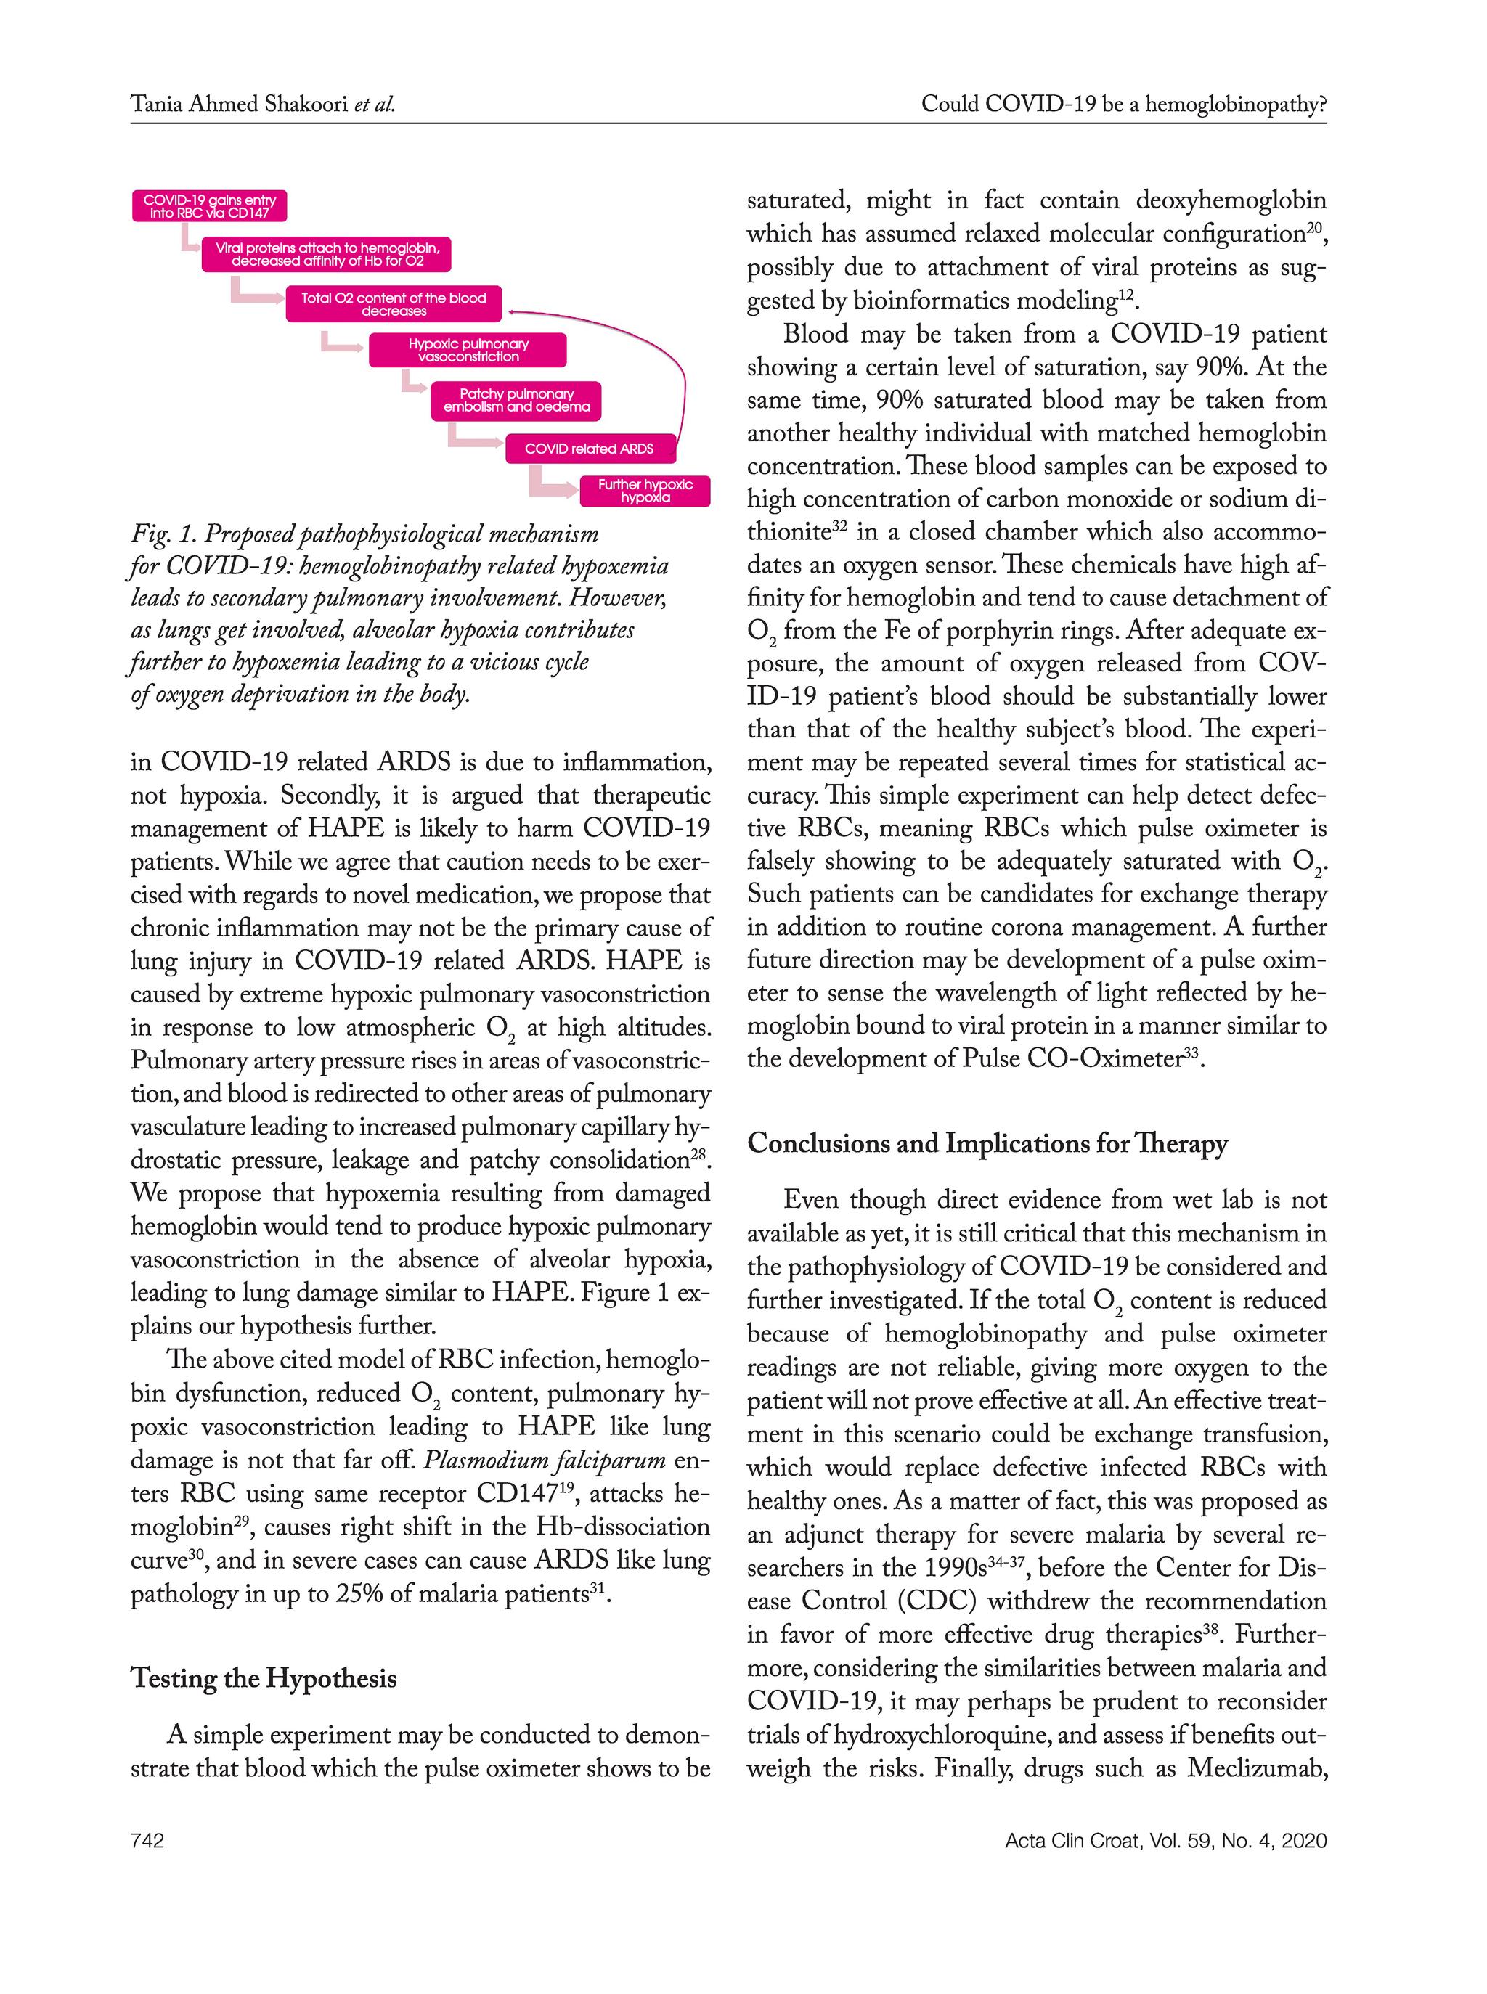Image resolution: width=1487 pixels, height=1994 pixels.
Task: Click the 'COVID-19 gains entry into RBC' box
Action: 209,206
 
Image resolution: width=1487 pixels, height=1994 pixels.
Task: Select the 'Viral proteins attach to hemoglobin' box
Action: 327,255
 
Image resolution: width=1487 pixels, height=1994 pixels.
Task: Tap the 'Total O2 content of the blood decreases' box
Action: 394,304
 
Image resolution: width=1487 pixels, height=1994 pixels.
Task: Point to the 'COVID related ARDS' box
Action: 589,448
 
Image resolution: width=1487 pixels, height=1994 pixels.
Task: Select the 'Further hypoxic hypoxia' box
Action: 645,491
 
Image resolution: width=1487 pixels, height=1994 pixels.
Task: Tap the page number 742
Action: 147,1840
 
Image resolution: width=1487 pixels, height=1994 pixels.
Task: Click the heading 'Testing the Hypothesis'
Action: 263,1678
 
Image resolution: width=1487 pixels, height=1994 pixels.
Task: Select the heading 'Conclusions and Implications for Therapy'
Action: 987,1144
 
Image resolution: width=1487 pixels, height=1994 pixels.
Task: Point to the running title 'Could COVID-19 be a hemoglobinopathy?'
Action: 1123,105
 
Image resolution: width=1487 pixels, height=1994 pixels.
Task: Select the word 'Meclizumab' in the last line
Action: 1257,1768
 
